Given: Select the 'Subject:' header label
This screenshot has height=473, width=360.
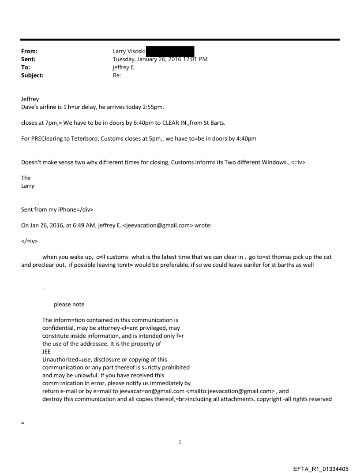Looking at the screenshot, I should point(32,75).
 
